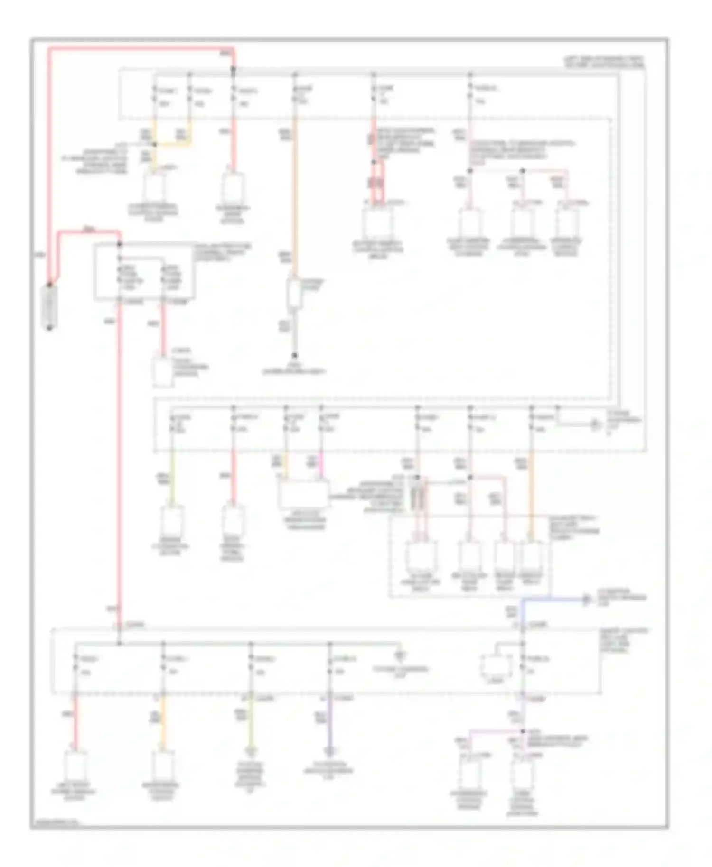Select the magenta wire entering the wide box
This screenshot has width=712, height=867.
click(321, 467)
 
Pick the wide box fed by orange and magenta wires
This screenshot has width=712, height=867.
click(304, 495)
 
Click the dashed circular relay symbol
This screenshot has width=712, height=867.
click(496, 667)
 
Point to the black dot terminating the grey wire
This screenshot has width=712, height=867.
click(295, 355)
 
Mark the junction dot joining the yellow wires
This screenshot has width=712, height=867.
click(154, 144)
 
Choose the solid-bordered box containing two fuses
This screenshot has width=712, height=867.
click(143, 272)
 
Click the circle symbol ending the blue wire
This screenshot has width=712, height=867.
click(587, 600)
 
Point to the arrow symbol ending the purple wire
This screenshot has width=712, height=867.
click(330, 752)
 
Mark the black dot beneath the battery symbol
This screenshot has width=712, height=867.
click(49, 328)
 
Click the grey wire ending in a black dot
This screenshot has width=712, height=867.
click(295, 332)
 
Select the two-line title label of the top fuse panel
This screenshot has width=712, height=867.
click(604, 62)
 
